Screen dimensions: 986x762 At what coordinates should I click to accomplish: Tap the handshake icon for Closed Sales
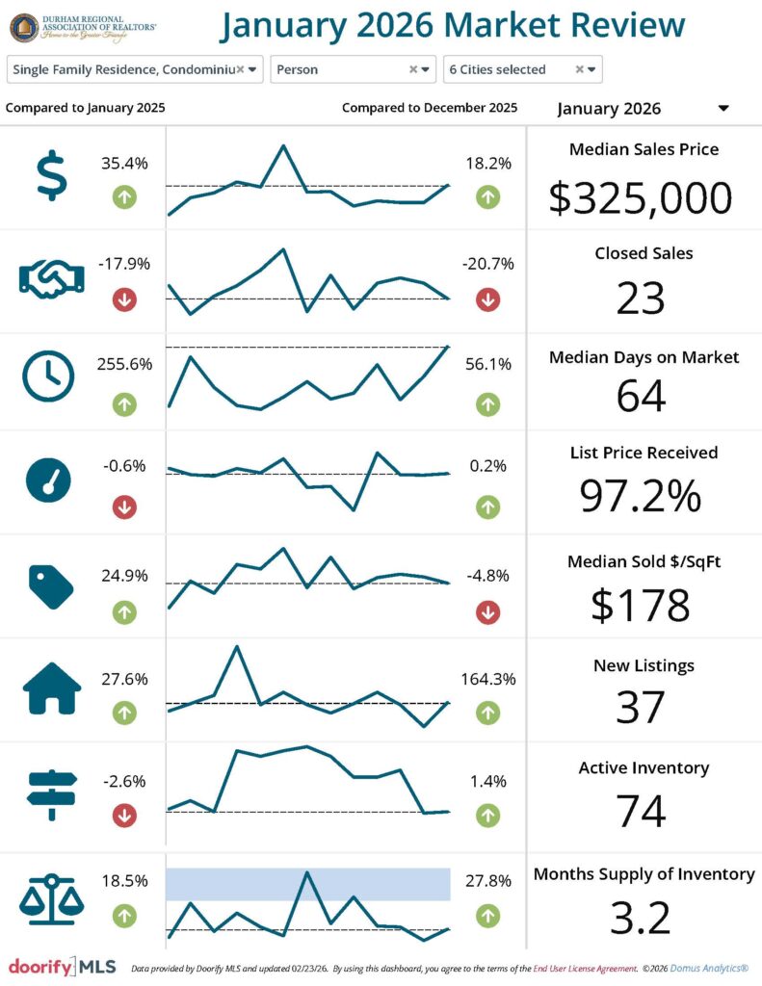pos(51,279)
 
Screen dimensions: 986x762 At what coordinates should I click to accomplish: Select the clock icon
pos(47,376)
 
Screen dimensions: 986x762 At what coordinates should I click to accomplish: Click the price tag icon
pos(51,586)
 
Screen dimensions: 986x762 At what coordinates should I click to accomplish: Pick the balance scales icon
pos(51,899)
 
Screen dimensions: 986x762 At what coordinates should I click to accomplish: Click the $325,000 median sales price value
pos(641,197)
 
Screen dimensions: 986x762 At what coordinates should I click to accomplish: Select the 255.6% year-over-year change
pos(124,364)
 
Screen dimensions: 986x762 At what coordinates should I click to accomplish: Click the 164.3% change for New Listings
pos(487,679)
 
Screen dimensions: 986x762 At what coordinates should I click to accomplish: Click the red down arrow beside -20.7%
pos(487,299)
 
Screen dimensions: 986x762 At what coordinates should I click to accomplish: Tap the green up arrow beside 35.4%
pos(124,197)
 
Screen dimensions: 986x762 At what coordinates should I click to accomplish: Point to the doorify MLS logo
pos(62,967)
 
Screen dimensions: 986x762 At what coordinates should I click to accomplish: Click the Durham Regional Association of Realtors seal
pos(25,27)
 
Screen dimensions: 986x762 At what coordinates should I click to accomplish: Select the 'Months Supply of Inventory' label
pos(644,874)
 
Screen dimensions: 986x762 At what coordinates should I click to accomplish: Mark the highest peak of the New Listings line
pos(236,646)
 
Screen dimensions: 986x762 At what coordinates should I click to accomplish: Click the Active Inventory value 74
pos(641,811)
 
